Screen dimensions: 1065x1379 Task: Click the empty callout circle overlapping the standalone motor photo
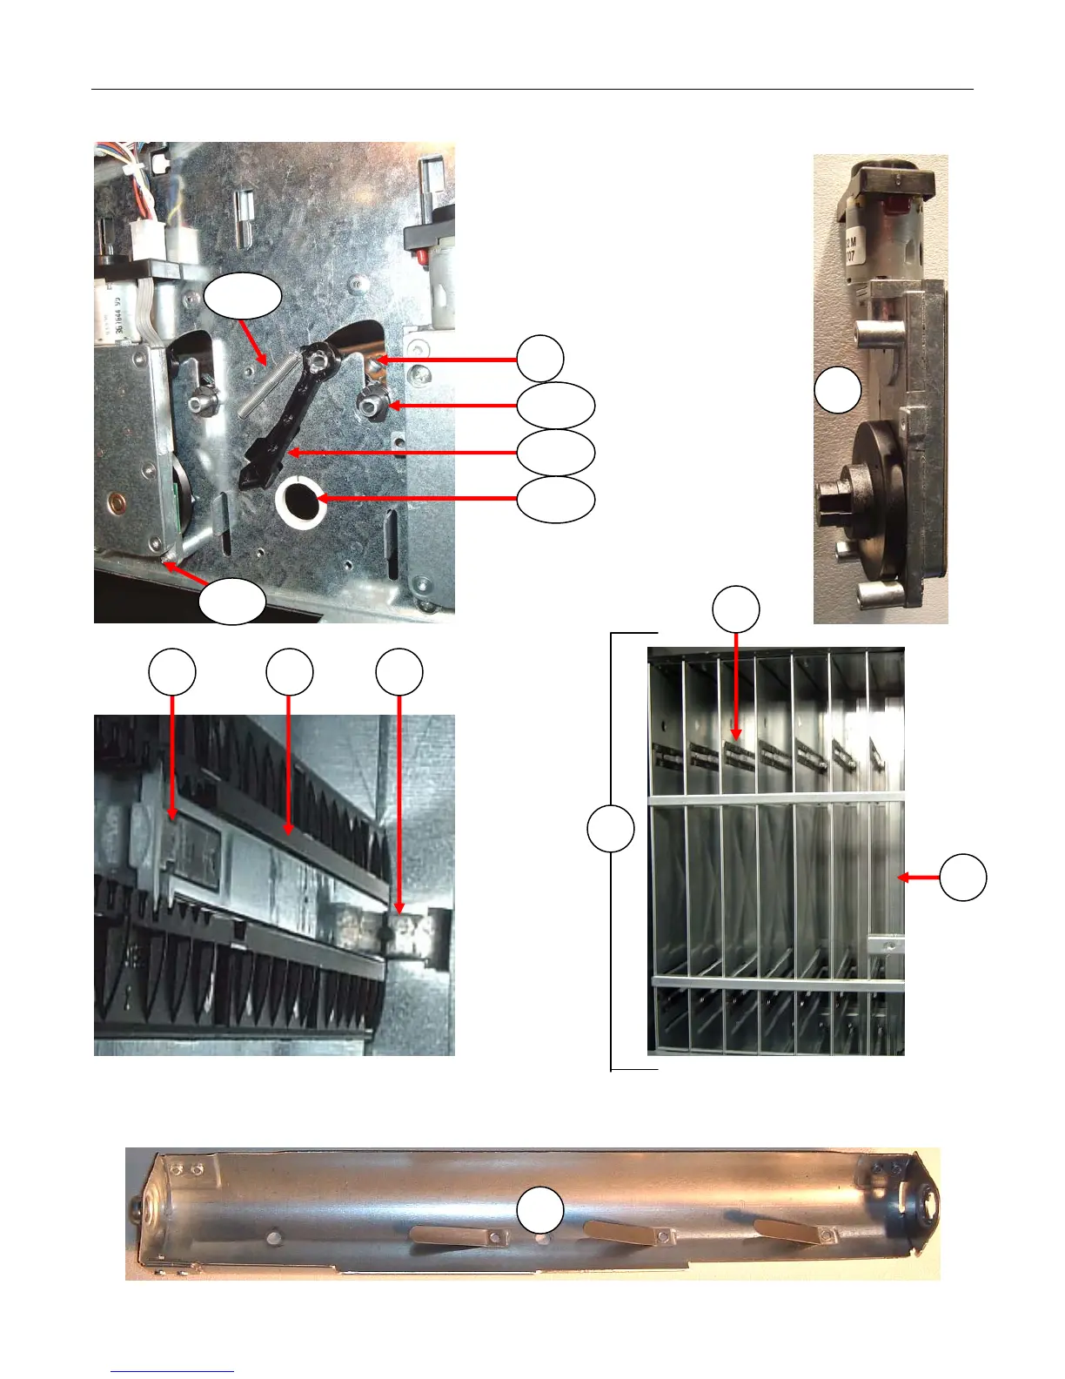click(x=838, y=390)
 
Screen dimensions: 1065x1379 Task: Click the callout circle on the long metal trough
click(x=540, y=1210)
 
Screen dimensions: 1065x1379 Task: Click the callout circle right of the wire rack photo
click(x=963, y=877)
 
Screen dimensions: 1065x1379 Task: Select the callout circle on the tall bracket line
click(x=611, y=829)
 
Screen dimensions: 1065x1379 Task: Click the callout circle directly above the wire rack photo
click(x=736, y=608)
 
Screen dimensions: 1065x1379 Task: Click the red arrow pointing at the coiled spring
click(x=252, y=341)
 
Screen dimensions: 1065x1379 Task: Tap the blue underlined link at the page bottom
click(x=172, y=1371)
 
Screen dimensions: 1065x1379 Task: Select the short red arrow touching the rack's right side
click(x=919, y=878)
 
